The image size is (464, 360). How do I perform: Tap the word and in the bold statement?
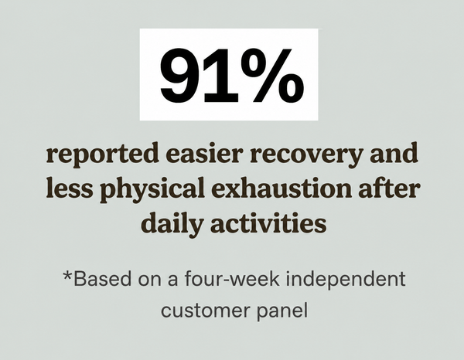pyautogui.click(x=394, y=153)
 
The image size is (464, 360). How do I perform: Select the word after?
pyautogui.click(x=389, y=188)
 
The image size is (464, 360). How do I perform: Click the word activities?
pyautogui.click(x=268, y=222)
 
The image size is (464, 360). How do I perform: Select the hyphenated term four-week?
pyautogui.click(x=232, y=279)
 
